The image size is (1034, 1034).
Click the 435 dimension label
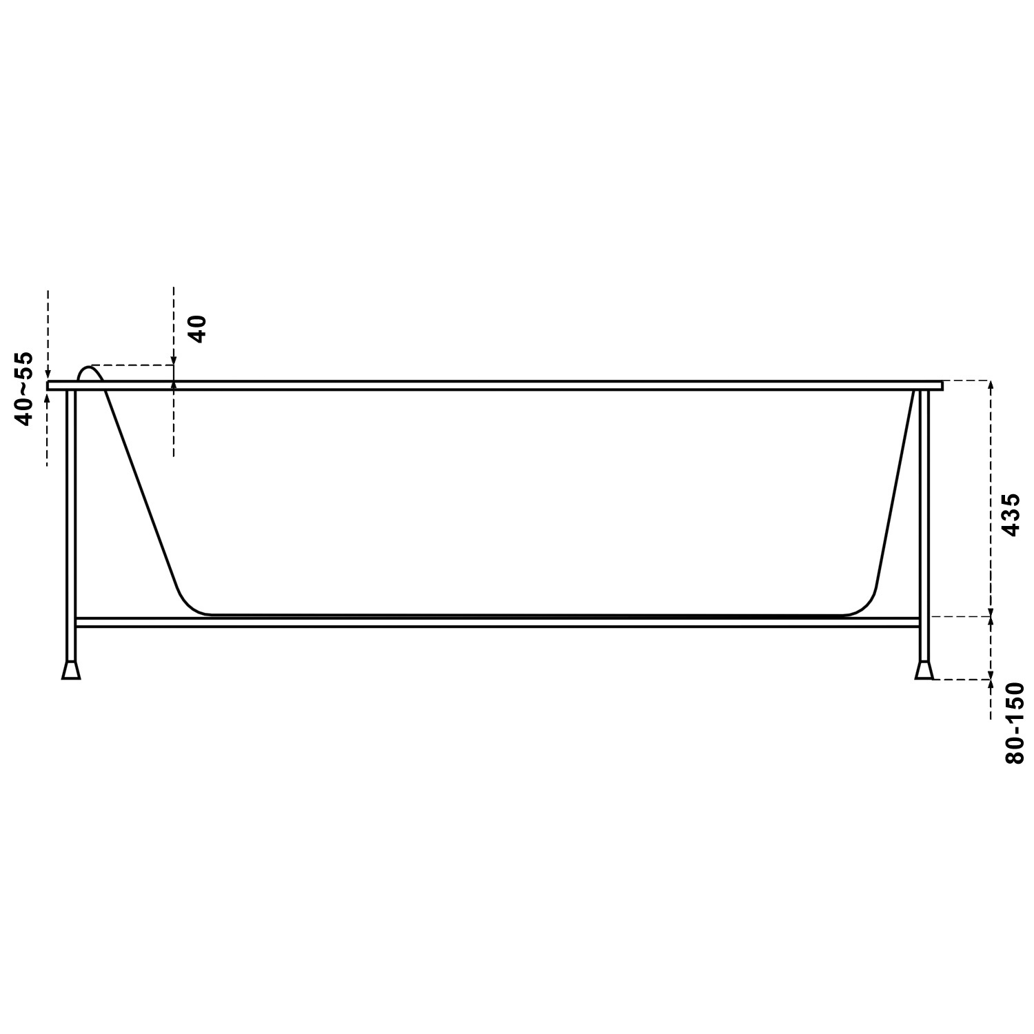1011,514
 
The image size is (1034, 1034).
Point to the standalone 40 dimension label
197,329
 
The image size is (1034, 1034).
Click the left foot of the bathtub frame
71,671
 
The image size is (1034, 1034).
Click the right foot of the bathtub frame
924,671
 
